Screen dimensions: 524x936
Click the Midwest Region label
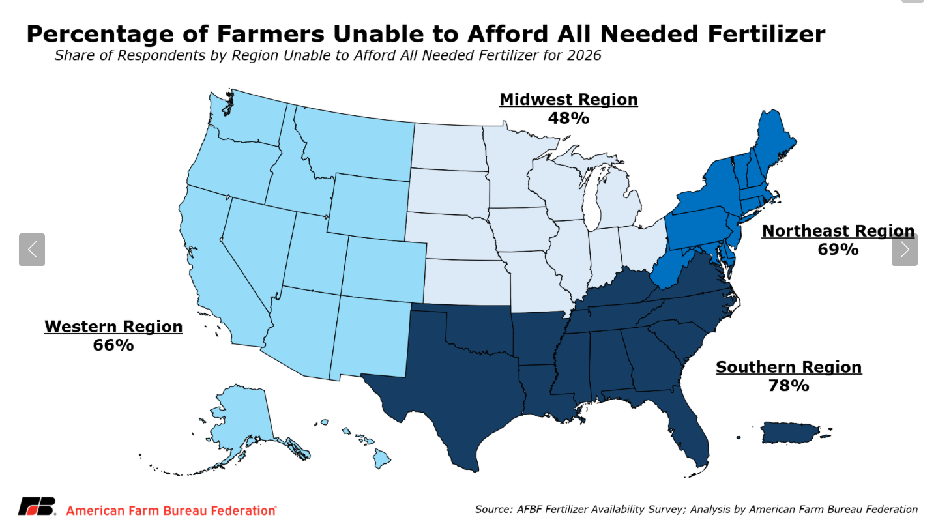point(568,100)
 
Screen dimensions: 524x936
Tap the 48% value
point(568,119)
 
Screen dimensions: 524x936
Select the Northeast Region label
point(838,231)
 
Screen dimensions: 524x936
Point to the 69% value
point(838,250)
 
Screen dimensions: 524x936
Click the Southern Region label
point(789,367)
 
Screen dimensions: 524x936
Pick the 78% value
point(789,386)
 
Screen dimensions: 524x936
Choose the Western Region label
point(113,327)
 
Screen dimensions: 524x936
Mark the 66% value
point(113,345)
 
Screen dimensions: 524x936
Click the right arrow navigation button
point(904,250)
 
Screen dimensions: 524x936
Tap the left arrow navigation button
point(32,250)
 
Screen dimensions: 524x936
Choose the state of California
point(209,261)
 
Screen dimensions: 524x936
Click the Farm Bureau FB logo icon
point(38,506)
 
